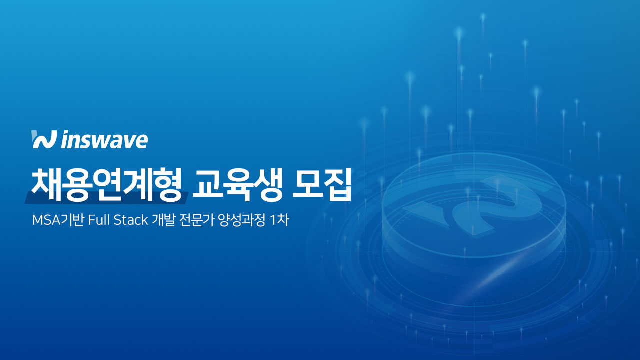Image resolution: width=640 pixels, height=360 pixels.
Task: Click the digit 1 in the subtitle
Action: tap(273, 221)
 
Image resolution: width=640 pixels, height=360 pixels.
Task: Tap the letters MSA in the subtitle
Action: tap(43, 221)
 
